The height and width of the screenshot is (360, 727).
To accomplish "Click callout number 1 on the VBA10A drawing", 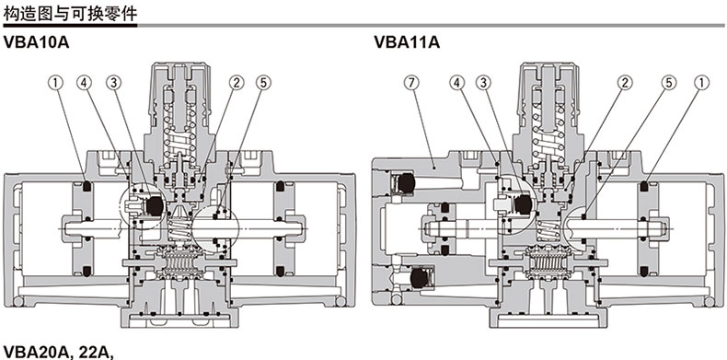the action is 55,83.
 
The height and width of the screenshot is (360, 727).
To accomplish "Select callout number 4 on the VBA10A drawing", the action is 85,83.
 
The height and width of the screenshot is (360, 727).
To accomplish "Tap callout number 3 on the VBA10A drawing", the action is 113,83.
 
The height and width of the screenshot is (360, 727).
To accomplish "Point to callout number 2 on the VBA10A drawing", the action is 236,83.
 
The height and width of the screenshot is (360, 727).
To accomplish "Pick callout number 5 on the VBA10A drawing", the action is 264,83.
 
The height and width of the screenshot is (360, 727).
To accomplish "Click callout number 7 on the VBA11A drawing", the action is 410,83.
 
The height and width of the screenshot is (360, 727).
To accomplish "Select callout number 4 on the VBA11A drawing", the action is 456,83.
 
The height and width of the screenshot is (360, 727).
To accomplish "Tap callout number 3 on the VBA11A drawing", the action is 483,83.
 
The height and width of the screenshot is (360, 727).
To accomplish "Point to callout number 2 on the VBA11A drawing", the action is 625,83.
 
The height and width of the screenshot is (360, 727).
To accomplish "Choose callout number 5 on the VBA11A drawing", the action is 669,83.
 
